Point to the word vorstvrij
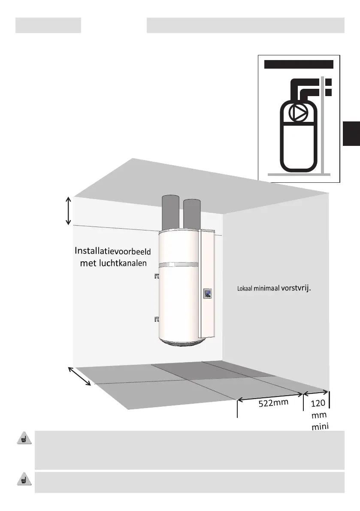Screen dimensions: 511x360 pos(296,287)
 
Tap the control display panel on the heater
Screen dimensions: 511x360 pos(208,294)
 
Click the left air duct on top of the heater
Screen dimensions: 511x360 pos(170,213)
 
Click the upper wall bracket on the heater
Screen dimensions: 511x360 pos(156,276)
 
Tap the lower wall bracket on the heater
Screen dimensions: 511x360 pos(156,318)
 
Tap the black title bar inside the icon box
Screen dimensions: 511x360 pos(299,64)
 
